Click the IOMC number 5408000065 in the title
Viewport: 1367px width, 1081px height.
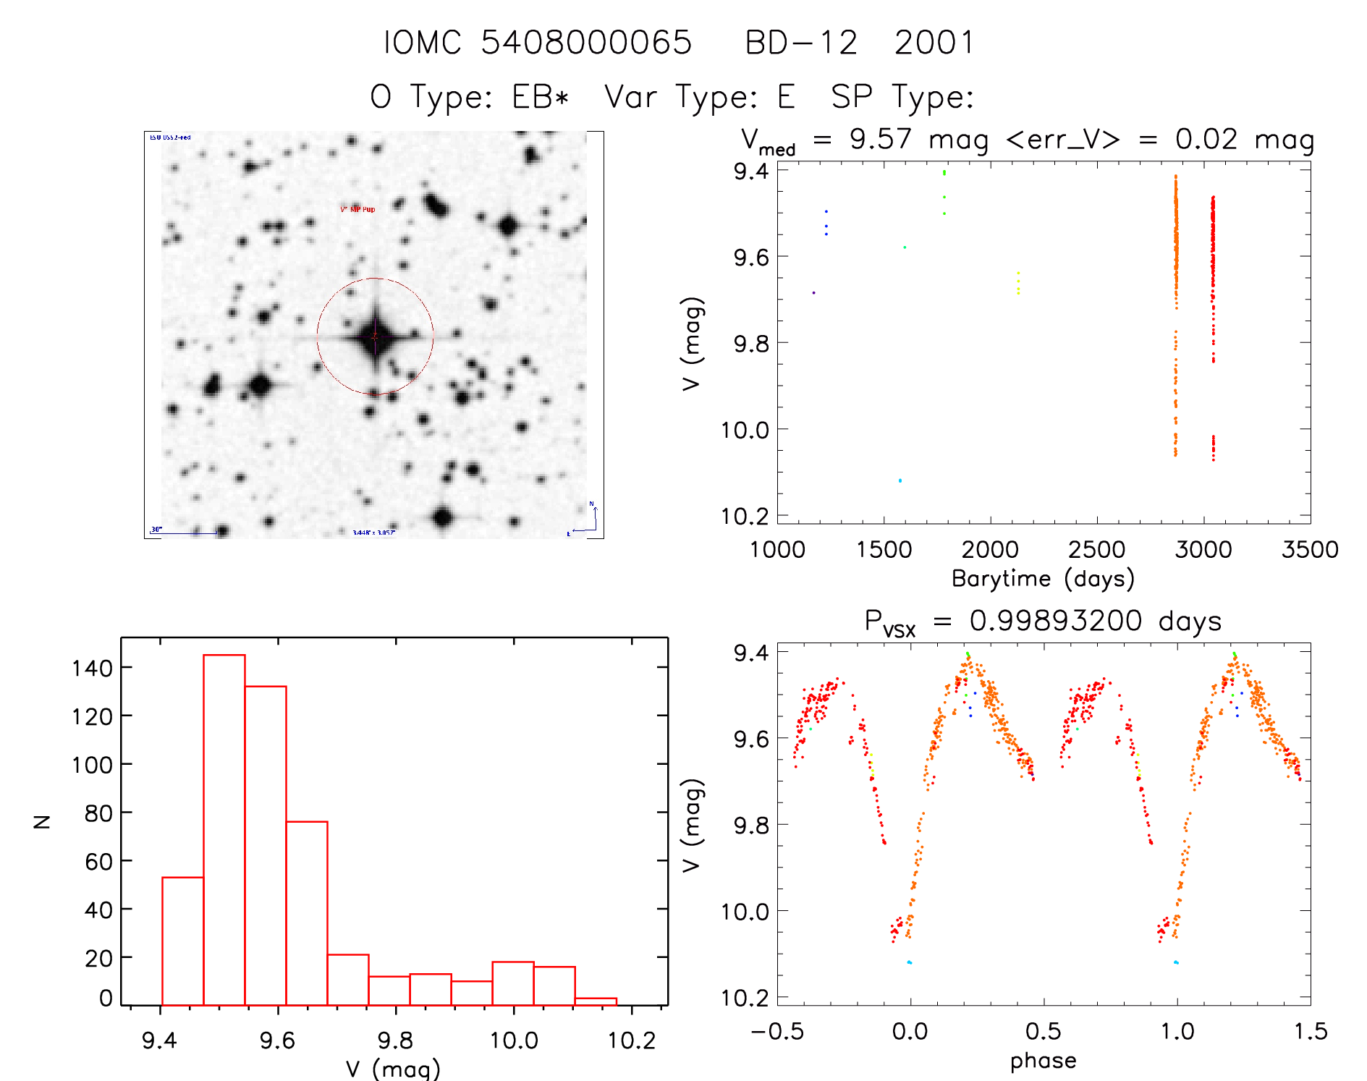pos(586,43)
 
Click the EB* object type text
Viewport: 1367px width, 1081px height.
pos(541,97)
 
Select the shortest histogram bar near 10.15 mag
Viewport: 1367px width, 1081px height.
pos(596,1001)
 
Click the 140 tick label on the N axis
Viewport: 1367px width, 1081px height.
pos(92,667)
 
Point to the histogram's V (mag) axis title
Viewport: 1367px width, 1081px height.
pos(393,1069)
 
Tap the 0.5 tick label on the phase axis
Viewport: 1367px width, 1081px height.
pos(1043,1031)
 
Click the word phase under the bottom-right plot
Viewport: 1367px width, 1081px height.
pos(1043,1061)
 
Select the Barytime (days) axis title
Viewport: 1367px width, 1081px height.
pos(1043,578)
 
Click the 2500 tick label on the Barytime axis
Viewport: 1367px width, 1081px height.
pos(1096,549)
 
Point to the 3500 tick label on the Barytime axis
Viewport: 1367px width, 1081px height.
pos(1309,549)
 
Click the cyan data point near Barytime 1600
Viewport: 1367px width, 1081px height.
pos(900,480)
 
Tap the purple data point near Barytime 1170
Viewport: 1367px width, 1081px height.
pos(813,292)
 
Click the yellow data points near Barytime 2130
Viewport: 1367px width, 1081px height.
pos(1018,283)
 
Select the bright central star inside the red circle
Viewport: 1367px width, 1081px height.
pos(375,336)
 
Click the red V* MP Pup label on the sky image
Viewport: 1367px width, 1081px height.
pos(357,209)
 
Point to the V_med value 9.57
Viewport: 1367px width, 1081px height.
pos(881,139)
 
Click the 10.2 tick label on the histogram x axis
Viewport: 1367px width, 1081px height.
pos(631,1040)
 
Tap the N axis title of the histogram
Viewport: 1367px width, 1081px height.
pos(43,821)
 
